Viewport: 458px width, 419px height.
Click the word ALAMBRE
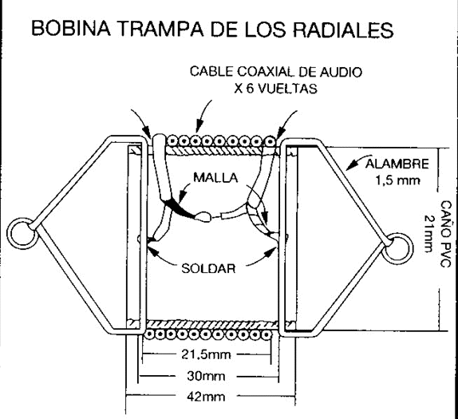click(x=397, y=165)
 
